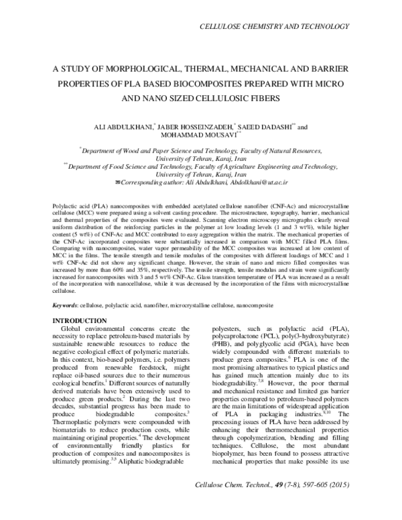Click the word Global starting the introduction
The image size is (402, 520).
pos(73,331)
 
